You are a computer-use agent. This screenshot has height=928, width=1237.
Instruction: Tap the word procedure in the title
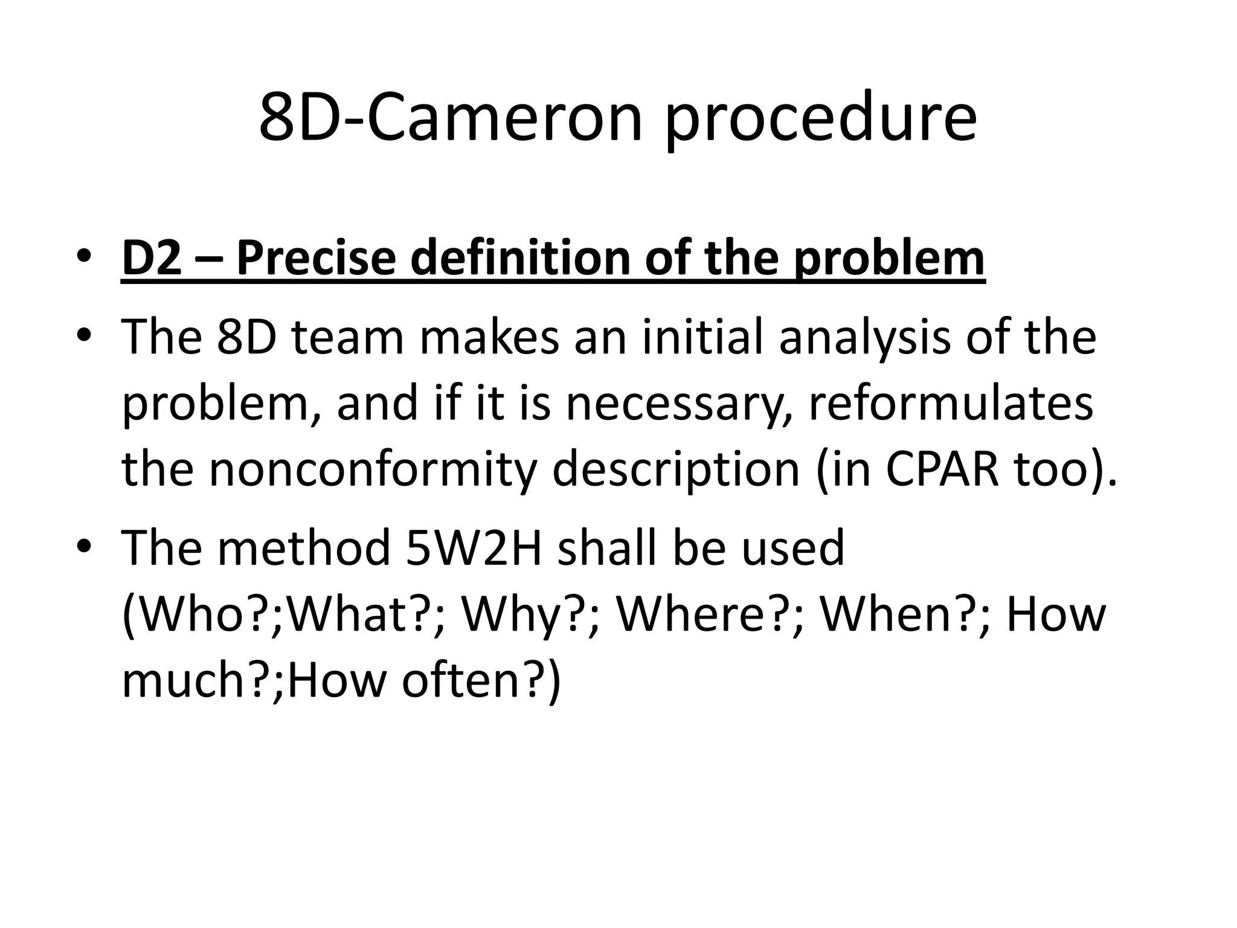click(x=821, y=121)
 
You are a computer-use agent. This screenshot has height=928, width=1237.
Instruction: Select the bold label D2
click(x=152, y=258)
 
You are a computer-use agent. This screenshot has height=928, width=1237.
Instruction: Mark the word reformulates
click(x=951, y=402)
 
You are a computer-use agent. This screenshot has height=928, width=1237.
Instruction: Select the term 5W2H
click(x=474, y=547)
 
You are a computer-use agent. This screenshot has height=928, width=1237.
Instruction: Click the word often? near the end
click(x=474, y=680)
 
